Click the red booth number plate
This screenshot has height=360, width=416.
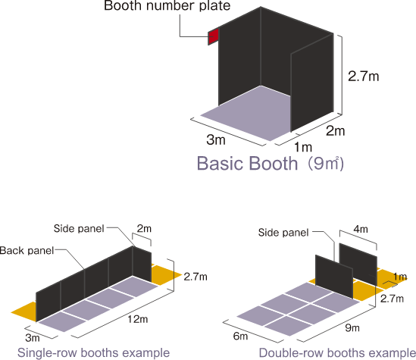214,36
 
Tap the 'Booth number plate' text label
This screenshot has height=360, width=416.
167,6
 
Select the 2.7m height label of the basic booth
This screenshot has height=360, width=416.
364,77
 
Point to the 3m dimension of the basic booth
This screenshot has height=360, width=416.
216,139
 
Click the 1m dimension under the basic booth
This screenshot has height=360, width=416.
303,147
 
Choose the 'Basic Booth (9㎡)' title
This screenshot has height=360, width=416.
270,163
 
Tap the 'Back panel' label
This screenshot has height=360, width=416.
27,250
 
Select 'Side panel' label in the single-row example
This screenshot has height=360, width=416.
79,228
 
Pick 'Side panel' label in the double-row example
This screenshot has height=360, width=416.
283,233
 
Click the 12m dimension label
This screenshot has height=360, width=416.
137,319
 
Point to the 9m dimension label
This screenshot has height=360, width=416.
352,328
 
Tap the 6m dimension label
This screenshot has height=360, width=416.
240,336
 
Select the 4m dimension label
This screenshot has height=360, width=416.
361,229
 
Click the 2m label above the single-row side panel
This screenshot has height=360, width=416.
144,228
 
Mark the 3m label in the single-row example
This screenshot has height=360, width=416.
33,338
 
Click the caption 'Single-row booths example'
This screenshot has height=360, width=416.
93,353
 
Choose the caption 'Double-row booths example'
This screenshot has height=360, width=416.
337,353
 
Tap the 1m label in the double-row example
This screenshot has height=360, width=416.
400,277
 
